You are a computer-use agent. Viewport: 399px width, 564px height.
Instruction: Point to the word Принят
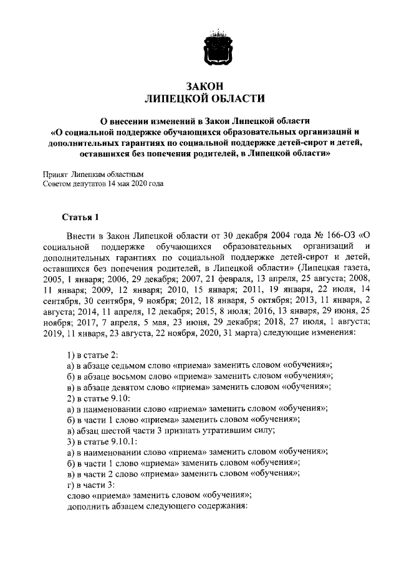[x=54, y=175]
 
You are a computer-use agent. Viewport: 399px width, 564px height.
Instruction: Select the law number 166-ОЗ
[x=336, y=235]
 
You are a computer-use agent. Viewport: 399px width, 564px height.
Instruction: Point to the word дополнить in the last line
[x=86, y=506]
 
